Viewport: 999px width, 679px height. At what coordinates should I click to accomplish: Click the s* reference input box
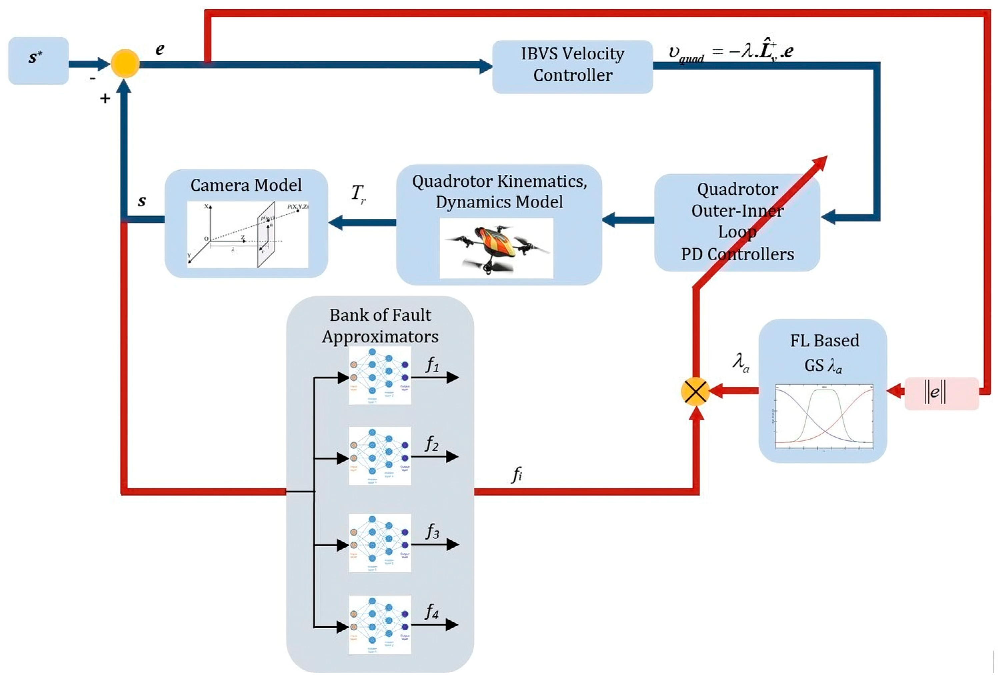pos(38,61)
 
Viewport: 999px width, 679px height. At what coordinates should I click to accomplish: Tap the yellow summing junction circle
pos(125,64)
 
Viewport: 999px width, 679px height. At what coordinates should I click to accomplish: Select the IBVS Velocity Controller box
pos(572,67)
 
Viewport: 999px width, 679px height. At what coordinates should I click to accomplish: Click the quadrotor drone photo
pos(496,248)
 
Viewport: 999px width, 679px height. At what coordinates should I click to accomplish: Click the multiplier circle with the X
pos(695,391)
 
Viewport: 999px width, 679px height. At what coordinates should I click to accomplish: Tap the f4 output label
pos(432,611)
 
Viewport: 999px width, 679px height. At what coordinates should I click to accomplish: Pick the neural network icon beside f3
pos(379,543)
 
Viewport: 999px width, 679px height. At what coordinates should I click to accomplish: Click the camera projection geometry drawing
pos(248,234)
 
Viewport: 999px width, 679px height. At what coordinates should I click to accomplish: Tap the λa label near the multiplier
pos(741,362)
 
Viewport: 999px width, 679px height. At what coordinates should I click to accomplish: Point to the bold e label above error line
pos(159,49)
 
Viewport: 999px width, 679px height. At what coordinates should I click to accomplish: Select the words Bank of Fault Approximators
pos(380,325)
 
